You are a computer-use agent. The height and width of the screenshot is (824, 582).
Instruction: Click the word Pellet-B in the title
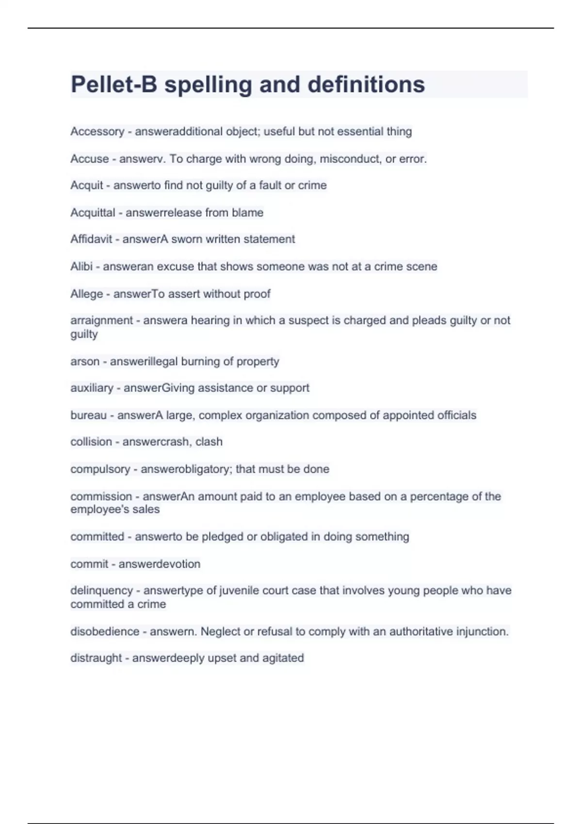[x=114, y=84]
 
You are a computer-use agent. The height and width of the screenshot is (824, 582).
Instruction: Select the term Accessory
[x=97, y=131]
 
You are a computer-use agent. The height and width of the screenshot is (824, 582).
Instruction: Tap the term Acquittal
[x=93, y=212]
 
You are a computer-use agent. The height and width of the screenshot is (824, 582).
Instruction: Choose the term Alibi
[x=81, y=266]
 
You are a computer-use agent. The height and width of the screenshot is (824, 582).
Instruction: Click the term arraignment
[x=101, y=320]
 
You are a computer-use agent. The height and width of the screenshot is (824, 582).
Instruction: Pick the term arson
[x=85, y=361]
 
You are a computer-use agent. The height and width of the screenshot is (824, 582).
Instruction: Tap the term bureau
[x=88, y=415]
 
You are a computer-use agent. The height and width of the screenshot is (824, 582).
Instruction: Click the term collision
[x=91, y=442]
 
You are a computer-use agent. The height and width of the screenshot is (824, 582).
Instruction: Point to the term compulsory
[x=100, y=469]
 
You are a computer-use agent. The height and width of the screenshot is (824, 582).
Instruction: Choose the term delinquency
[x=101, y=590]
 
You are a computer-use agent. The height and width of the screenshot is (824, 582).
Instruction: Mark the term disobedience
[x=105, y=632]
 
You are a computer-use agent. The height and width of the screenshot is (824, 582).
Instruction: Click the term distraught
[x=96, y=658]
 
